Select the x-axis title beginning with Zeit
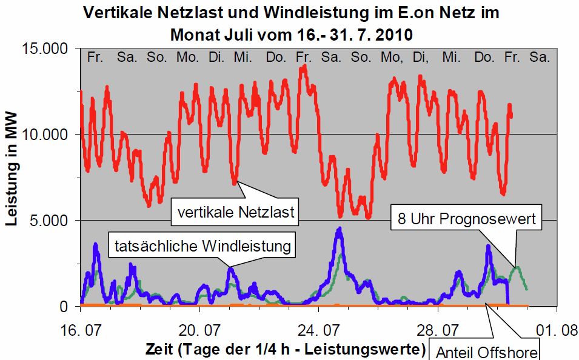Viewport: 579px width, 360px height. click(284, 349)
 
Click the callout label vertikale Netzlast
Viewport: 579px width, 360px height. click(236, 212)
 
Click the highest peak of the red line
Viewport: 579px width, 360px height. click(304, 67)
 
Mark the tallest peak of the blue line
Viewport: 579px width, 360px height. click(340, 229)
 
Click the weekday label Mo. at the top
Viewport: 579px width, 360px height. click(187, 58)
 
